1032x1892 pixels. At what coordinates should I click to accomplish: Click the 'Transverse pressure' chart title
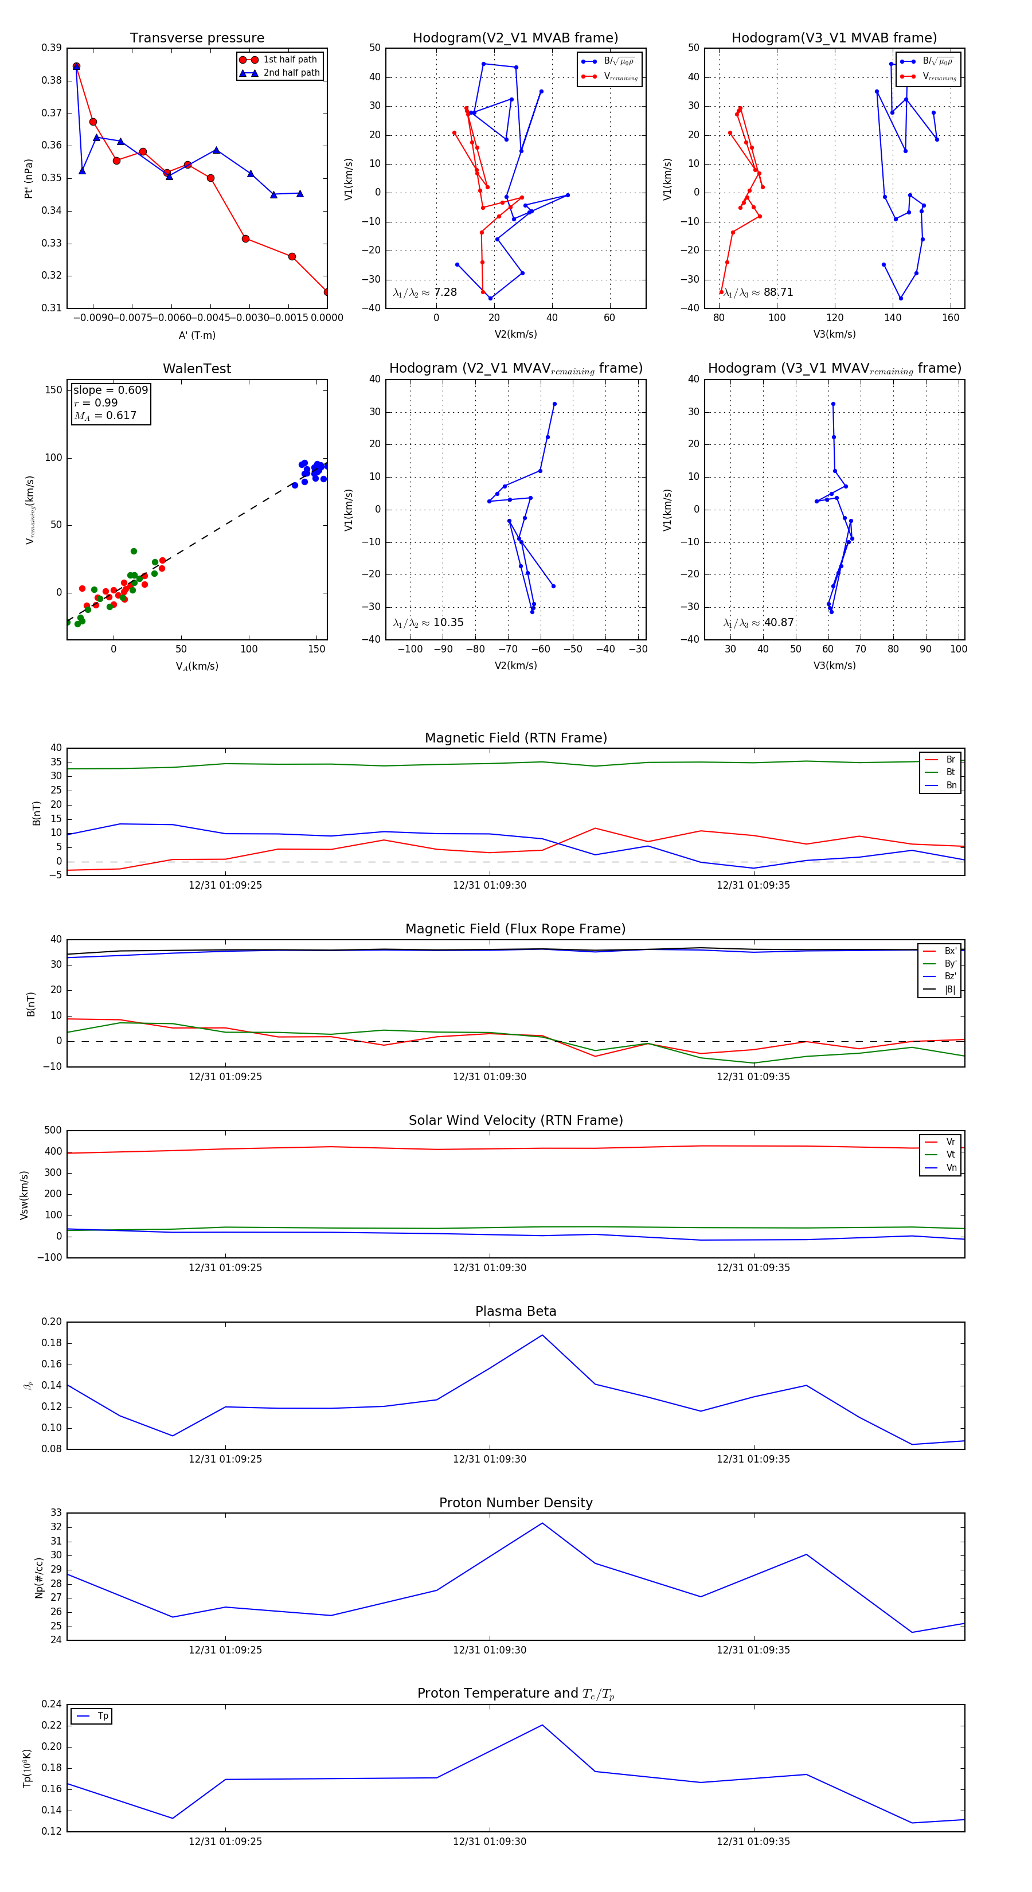point(197,38)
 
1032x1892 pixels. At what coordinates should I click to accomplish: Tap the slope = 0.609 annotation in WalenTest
point(110,390)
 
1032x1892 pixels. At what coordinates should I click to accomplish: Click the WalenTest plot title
point(197,369)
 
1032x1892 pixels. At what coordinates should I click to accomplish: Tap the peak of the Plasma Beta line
point(542,1335)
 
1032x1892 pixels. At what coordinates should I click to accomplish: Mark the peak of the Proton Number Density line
point(542,1523)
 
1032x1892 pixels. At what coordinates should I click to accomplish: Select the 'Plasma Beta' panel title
point(515,1311)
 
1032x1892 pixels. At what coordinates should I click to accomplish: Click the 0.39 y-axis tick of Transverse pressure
point(52,48)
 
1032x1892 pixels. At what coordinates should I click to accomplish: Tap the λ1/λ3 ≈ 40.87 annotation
point(758,623)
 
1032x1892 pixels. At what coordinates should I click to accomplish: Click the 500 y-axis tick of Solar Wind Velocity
point(52,1131)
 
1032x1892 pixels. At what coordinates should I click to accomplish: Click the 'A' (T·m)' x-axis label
point(197,335)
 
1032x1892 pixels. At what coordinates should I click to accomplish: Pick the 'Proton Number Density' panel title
point(515,1503)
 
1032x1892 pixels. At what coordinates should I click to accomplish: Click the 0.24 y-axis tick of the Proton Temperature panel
point(52,1704)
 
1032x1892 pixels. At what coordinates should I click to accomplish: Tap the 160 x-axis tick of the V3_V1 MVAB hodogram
point(951,318)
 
